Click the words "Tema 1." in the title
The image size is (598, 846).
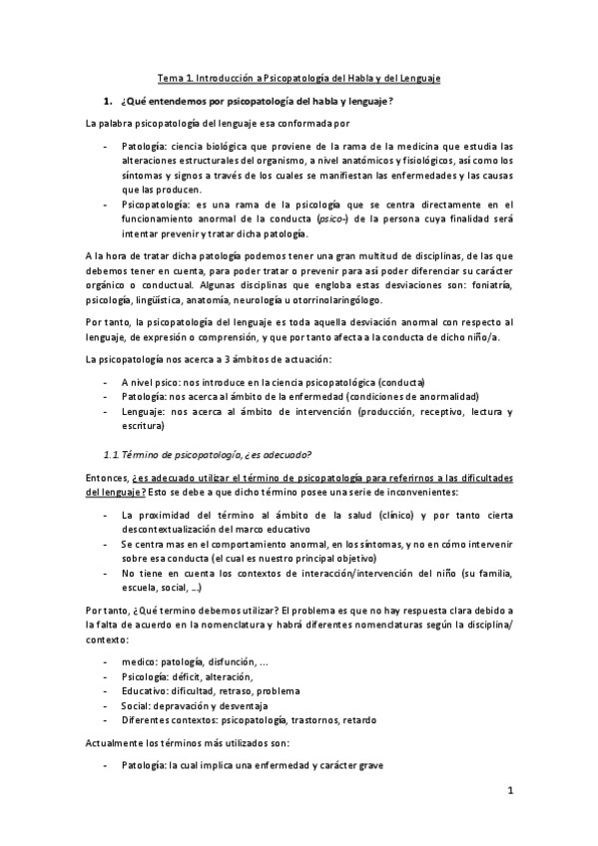pos(176,78)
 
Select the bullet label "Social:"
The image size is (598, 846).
pos(138,705)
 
